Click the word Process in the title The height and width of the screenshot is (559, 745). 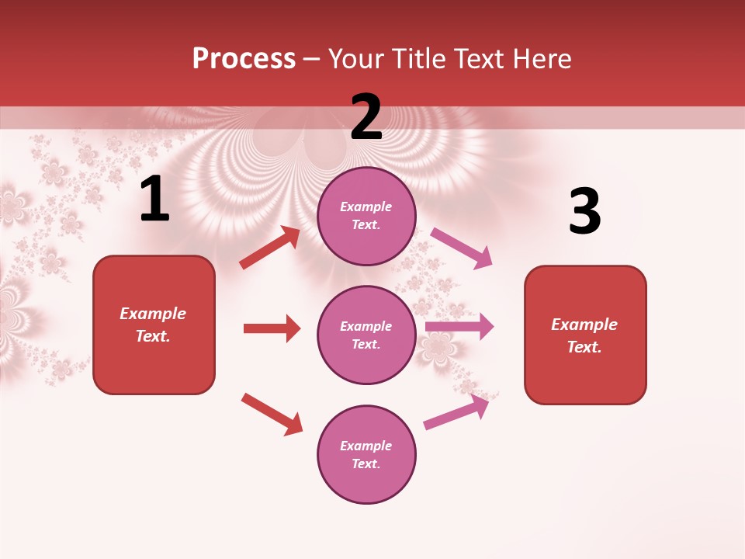244,59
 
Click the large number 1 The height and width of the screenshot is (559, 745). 154,200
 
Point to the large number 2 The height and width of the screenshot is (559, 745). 366,117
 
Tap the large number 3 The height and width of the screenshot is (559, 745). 584,212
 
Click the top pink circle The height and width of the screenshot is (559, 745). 366,216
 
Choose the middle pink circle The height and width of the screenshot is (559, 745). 366,335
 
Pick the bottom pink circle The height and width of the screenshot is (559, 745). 366,454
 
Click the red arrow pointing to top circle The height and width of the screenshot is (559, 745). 270,248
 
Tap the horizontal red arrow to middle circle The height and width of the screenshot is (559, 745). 272,328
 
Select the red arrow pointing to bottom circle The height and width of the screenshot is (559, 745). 272,414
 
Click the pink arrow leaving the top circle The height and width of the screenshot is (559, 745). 462,248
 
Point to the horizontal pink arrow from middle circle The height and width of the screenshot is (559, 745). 459,327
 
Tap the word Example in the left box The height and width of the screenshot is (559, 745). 153,314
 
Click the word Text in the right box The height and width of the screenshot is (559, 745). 584,347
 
